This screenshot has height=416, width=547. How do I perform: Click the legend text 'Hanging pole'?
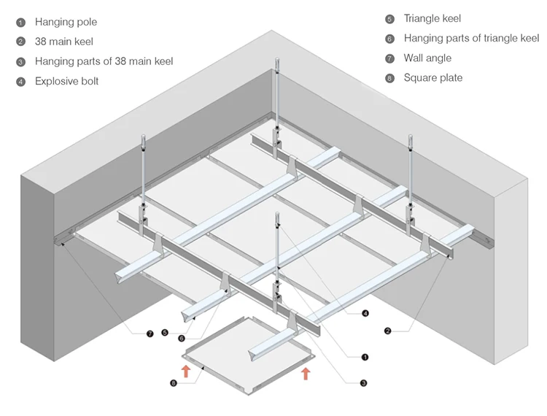click(x=66, y=23)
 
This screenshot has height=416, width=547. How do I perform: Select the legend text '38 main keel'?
click(x=64, y=42)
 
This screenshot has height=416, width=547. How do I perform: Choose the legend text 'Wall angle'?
click(x=427, y=58)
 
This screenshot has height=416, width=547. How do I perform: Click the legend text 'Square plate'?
click(x=433, y=77)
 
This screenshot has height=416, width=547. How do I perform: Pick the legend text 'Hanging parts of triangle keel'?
click(x=471, y=38)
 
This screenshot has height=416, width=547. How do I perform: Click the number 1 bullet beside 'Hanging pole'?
click(x=20, y=23)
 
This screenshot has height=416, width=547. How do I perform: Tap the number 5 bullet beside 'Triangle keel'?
click(x=389, y=19)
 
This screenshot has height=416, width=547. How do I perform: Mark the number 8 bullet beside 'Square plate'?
click(x=389, y=78)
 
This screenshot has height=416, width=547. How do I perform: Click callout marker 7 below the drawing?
click(x=150, y=334)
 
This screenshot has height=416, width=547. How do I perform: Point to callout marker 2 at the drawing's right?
click(x=387, y=331)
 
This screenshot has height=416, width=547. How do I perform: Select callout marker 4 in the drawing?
click(x=365, y=314)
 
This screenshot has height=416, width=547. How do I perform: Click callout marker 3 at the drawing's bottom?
click(x=363, y=382)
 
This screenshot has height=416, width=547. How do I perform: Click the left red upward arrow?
click(x=186, y=369)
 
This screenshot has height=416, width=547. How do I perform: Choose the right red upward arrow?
click(x=305, y=374)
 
